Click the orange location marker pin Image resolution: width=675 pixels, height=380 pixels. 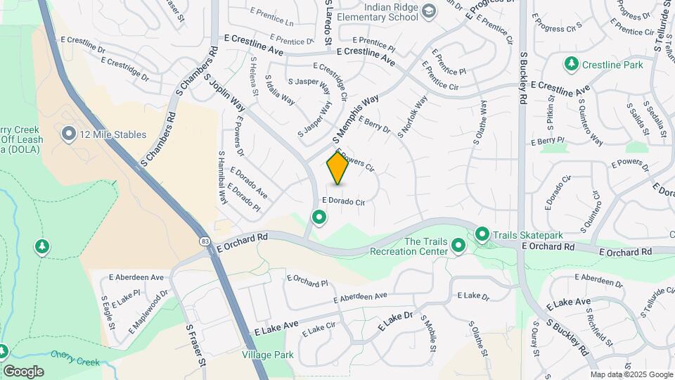(338, 168)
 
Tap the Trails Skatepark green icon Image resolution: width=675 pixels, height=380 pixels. (482, 234)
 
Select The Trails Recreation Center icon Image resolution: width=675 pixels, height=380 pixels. (458, 246)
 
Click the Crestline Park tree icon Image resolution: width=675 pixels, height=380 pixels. (572, 65)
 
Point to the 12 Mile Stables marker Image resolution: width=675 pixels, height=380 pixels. (68, 134)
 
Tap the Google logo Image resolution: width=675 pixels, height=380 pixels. (23, 371)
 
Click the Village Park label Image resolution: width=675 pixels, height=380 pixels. (267, 355)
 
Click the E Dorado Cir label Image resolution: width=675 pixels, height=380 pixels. (343, 202)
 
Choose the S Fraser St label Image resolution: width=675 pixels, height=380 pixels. (195, 345)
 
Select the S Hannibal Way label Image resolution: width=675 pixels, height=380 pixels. (222, 178)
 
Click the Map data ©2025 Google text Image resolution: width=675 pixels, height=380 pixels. (631, 374)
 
